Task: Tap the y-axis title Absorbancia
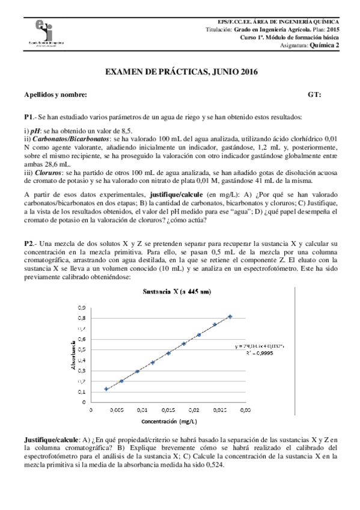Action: click(x=74, y=355)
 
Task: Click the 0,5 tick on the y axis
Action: click(x=82, y=349)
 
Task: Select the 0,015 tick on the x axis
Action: click(x=168, y=410)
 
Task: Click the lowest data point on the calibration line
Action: click(x=106, y=389)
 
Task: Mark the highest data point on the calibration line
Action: click(x=230, y=316)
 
